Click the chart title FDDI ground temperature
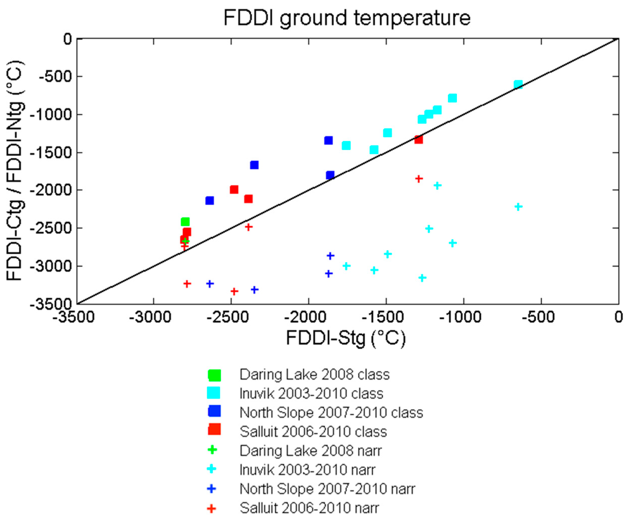tap(347, 18)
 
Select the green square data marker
tap(185, 222)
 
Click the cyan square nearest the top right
tap(518, 84)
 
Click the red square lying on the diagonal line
tap(418, 139)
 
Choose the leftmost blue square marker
tap(210, 201)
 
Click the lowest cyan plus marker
tap(422, 278)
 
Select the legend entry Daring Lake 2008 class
tap(314, 375)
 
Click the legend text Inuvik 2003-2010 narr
tap(307, 470)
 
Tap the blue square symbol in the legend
tap(214, 411)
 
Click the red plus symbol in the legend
tap(211, 509)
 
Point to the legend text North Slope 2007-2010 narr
tap(327, 489)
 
